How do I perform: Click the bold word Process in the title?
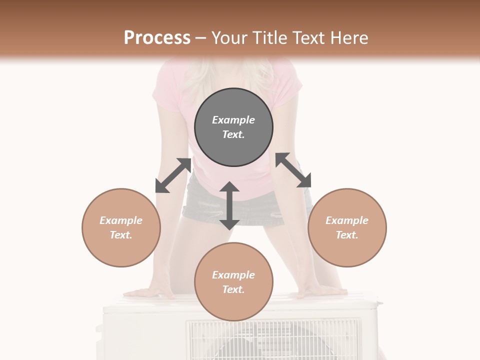click(157, 38)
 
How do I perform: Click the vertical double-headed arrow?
click(229, 205)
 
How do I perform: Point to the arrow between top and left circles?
click(173, 175)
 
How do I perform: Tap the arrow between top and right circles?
click(293, 170)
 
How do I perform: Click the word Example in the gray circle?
click(233, 120)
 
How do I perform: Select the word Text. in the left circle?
click(121, 235)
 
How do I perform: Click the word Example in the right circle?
click(347, 220)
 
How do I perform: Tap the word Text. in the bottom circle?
click(233, 289)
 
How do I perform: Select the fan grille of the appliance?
click(273, 340)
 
